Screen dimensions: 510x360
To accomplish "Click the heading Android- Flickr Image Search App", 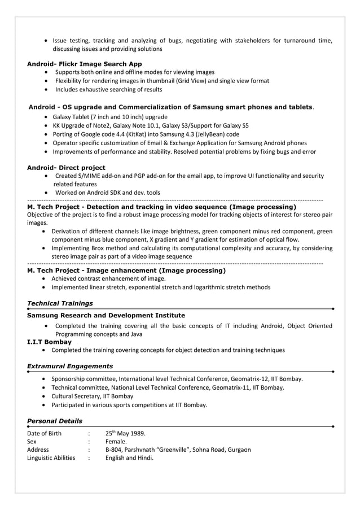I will [84, 64].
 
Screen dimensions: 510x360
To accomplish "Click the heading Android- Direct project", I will [66, 168].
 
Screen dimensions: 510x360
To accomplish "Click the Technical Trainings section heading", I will [60, 303].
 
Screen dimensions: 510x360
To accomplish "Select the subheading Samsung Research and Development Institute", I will [106, 315].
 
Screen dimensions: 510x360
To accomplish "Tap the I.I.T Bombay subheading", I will [49, 342].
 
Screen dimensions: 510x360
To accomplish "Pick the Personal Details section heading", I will [54, 421].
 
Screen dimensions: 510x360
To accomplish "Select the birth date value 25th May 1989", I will [125, 434].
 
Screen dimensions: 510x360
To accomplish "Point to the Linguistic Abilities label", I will [51, 458].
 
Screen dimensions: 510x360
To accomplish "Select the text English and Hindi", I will [129, 458].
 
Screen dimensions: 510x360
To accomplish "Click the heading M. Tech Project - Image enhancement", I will [126, 271].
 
